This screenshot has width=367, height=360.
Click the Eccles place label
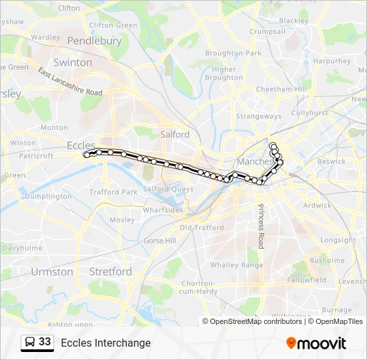coord(81,145)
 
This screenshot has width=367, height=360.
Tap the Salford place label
coord(175,134)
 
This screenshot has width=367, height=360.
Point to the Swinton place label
coord(73,63)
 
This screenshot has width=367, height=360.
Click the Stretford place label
coord(110,272)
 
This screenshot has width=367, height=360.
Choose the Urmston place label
coord(52,272)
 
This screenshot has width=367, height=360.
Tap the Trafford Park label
coord(113,192)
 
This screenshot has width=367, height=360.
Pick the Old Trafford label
coord(202,228)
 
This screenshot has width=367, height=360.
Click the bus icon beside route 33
coord(29,343)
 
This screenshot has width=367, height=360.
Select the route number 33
coord(45,342)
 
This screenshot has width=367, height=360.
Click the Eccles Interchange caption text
coord(105,343)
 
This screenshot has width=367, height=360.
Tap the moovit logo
coord(316,343)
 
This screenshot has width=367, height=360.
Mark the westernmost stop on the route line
coord(86,155)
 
